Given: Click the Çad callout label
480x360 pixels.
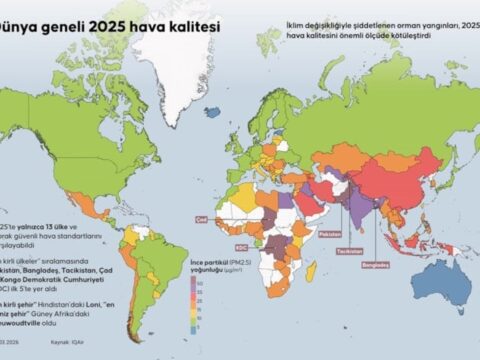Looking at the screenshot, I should click(200, 216).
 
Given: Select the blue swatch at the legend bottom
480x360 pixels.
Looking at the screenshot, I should click(195, 326).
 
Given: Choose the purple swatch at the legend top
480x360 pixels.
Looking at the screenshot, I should click(195, 280).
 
